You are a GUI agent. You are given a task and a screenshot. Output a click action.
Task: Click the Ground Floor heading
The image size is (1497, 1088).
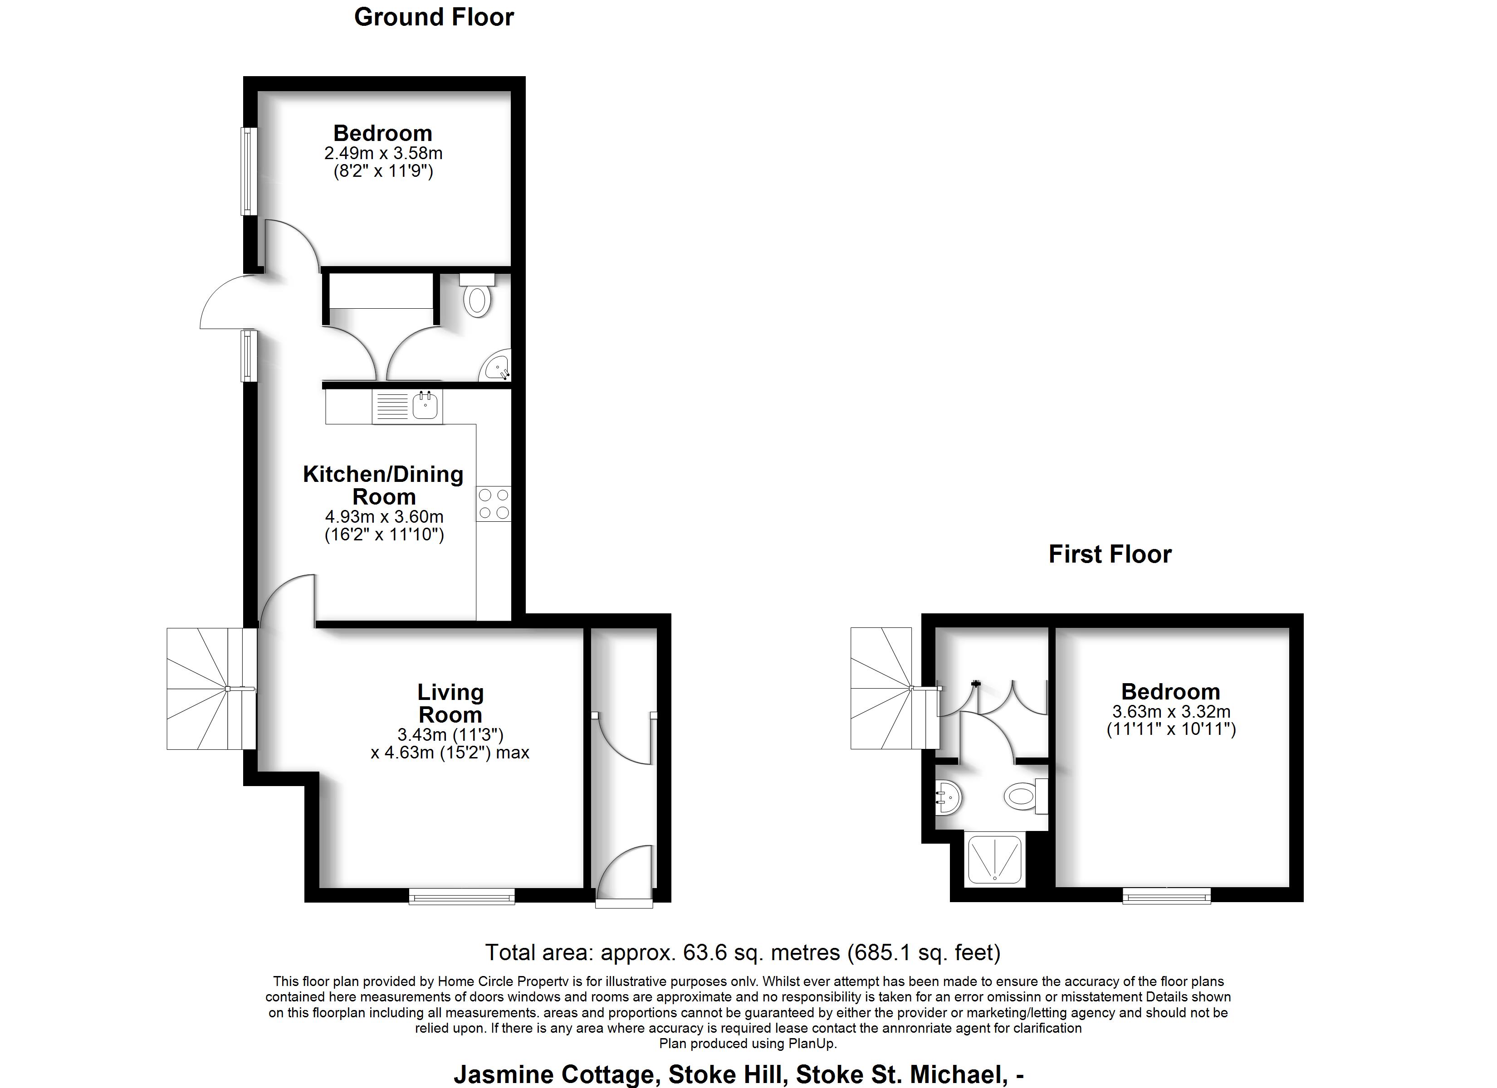pos(434,17)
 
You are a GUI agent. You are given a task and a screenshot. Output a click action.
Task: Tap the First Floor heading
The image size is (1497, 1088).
pos(1110,554)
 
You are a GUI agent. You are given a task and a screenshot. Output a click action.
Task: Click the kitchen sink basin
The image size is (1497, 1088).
pos(425,405)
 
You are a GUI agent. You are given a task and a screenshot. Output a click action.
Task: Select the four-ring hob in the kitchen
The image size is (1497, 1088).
pos(494,503)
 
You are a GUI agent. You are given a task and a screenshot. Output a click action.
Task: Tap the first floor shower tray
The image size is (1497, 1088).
pos(995,859)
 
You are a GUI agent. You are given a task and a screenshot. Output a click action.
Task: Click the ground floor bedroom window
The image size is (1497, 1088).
pos(249,171)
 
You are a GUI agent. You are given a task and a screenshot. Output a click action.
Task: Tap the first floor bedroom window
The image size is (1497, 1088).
pos(1166,895)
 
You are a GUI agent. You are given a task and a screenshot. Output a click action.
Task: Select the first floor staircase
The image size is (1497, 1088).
pos(895,688)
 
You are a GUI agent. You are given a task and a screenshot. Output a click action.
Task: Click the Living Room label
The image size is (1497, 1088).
pos(451,703)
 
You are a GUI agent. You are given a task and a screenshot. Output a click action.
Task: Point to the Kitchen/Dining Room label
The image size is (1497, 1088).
pos(383,485)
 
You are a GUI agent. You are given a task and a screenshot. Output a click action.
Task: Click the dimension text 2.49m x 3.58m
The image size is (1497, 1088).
pos(383,154)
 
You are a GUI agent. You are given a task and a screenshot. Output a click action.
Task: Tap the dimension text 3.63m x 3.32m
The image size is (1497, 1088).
pos(1172,712)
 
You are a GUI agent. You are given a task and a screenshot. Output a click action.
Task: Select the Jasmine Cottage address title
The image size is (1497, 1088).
pos(739,1074)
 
